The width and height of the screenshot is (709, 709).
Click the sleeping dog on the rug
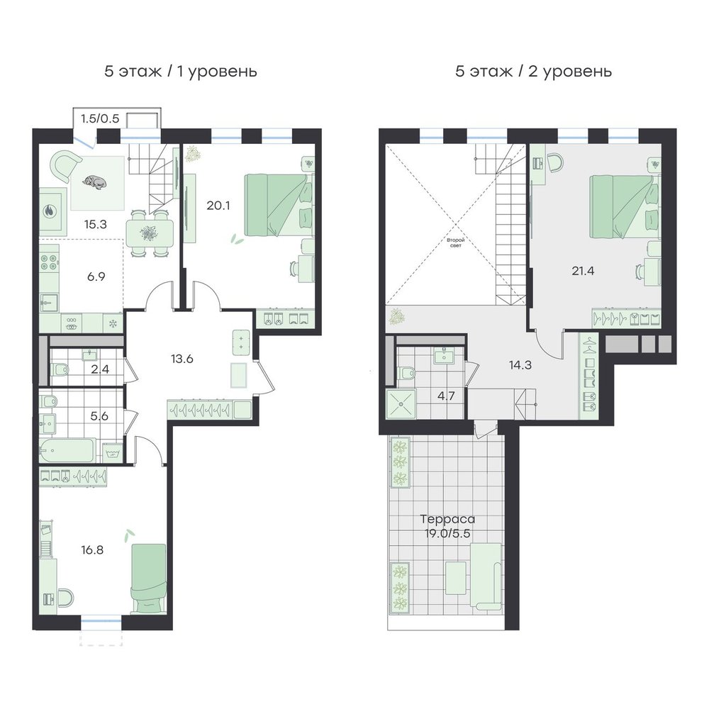tap(94, 182)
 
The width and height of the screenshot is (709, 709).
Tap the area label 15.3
tap(96, 224)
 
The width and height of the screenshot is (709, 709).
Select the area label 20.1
tap(218, 206)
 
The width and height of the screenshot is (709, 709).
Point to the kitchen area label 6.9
tap(96, 277)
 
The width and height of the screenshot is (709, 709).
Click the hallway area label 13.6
tap(182, 359)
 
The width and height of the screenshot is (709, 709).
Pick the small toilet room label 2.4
tap(100, 369)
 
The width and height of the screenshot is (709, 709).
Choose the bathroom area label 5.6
tap(99, 416)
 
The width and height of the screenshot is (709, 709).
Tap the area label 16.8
tap(92, 550)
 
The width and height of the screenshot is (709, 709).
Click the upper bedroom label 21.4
tap(583, 272)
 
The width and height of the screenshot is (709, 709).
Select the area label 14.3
tap(520, 365)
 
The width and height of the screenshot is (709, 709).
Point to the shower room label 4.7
tap(446, 396)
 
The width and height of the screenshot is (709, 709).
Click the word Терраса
tap(447, 519)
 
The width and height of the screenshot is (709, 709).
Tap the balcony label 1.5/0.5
tap(100, 118)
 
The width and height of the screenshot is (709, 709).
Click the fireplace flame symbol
tap(50, 211)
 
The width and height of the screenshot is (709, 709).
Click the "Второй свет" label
tap(456, 242)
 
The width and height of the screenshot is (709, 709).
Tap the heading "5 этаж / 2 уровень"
tap(534, 72)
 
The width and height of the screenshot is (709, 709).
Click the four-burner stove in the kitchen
tap(49, 263)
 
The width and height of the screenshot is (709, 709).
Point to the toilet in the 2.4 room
tap(60, 370)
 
